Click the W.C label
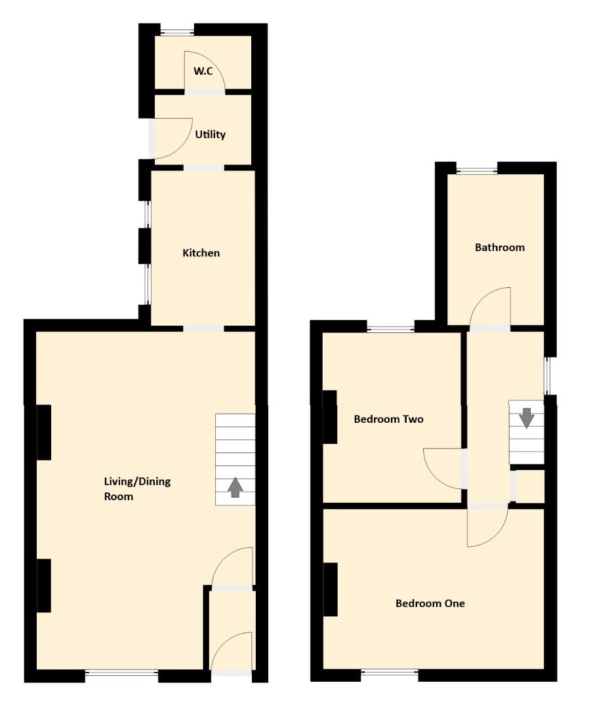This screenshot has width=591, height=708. pyautogui.click(x=203, y=71)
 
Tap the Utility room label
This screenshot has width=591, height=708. pyautogui.click(x=210, y=134)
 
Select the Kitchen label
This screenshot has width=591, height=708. pyautogui.click(x=201, y=253)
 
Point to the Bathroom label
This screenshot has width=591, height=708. pyautogui.click(x=500, y=248)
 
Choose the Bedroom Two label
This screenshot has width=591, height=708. pyautogui.click(x=388, y=419)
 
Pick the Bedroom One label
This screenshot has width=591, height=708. pyautogui.click(x=430, y=603)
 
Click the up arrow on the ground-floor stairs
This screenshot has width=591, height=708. pyautogui.click(x=235, y=488)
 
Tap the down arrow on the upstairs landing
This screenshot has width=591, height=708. pyautogui.click(x=526, y=417)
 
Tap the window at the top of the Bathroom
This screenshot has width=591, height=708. pyautogui.click(x=477, y=170)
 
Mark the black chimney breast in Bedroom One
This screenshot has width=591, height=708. pyautogui.click(x=331, y=589)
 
